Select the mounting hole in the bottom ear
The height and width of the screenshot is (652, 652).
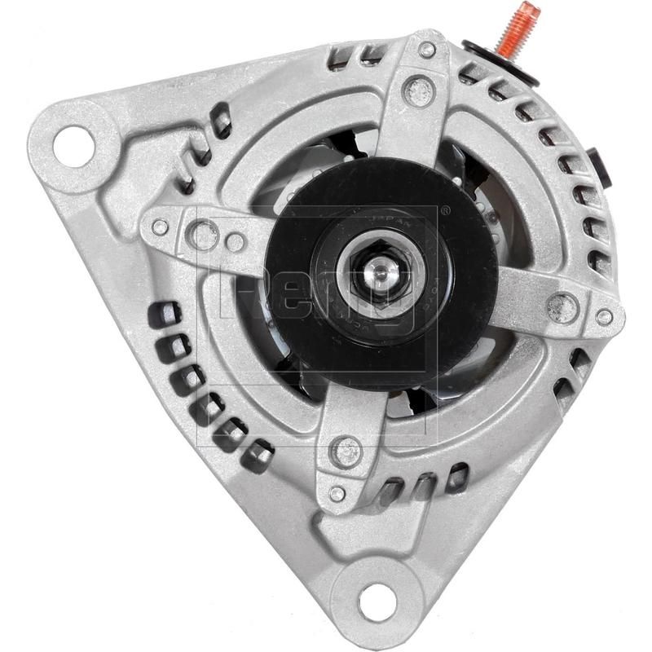tap(377, 601)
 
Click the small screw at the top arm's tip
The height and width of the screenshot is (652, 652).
tap(427, 50)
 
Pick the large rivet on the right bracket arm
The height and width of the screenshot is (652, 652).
tap(562, 307)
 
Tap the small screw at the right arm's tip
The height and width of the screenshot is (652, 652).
tap(604, 317)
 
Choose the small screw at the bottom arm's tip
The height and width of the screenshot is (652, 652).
tap(337, 493)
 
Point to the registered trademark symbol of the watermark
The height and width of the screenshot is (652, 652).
tap(445, 209)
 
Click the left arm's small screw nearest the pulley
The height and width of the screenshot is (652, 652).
tap(235, 242)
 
